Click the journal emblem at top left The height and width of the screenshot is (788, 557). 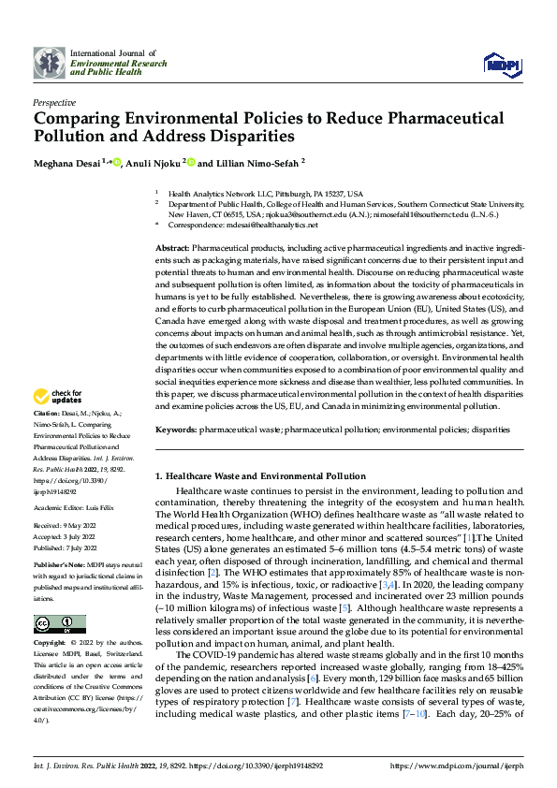pyautogui.click(x=49, y=63)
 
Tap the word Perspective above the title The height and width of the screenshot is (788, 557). pyautogui.click(x=54, y=102)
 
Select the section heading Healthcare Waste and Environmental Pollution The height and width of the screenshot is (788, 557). pyautogui.click(x=265, y=475)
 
